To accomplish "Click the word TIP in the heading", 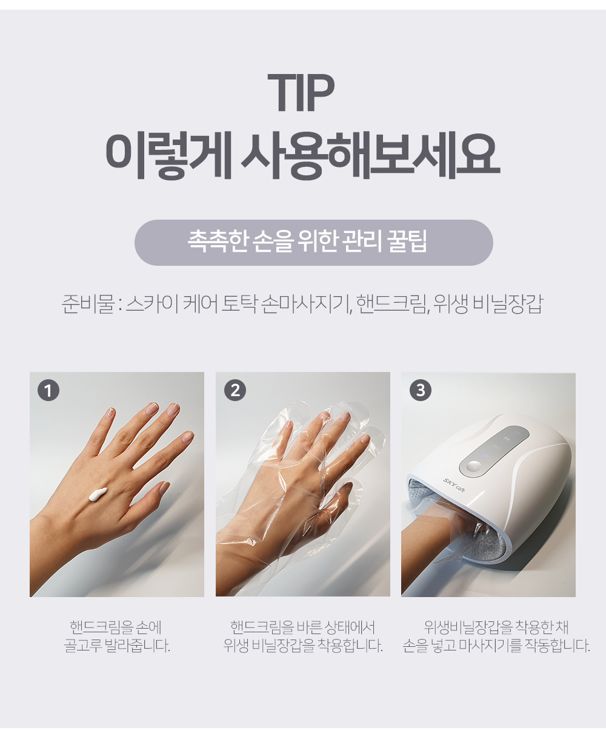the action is [x=301, y=92].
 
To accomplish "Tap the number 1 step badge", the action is [x=48, y=390].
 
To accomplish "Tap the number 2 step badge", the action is [x=235, y=390].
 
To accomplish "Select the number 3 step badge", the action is [x=421, y=390].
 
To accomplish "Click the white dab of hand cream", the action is [x=98, y=494].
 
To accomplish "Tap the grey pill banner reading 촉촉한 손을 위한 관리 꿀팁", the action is [x=313, y=243].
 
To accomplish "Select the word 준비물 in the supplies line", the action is [x=88, y=304].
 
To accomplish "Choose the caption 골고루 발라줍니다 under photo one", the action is [x=117, y=646].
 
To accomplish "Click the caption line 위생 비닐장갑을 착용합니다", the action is [x=303, y=646].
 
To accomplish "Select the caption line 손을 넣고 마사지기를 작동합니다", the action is [x=496, y=646].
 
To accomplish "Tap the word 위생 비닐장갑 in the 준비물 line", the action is [x=488, y=304].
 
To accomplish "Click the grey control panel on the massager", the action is [x=494, y=451].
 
